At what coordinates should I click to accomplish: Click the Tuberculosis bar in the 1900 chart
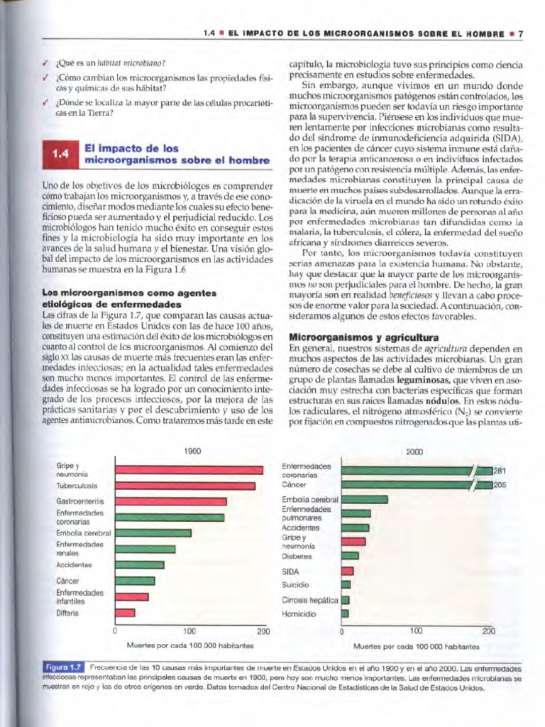(x=185, y=486)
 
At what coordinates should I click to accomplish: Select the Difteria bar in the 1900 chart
(x=125, y=613)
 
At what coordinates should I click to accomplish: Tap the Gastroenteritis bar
(x=170, y=501)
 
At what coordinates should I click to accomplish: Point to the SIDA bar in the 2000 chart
(x=347, y=571)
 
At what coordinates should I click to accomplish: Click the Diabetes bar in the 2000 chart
(x=350, y=555)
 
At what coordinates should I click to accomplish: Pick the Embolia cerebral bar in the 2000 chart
(x=364, y=499)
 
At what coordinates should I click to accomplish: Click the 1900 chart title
(x=192, y=451)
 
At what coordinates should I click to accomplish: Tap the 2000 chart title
(x=415, y=452)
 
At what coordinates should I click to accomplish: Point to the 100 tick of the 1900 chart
(x=189, y=630)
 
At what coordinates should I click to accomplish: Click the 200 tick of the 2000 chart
(x=488, y=630)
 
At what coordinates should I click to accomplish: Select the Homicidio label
(x=299, y=614)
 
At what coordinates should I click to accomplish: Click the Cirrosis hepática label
(x=309, y=600)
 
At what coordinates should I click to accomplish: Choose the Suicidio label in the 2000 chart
(x=295, y=584)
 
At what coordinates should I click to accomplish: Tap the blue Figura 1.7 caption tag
(x=63, y=668)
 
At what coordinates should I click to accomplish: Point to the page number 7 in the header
(x=520, y=33)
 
